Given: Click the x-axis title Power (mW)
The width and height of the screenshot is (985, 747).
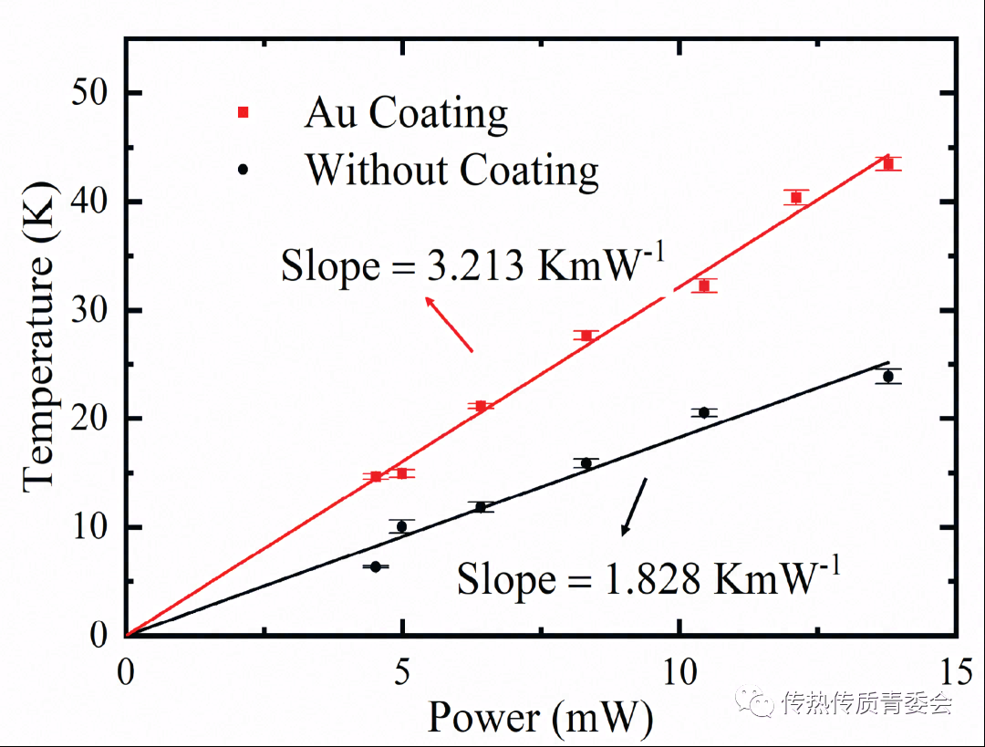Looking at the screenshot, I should pos(540,719).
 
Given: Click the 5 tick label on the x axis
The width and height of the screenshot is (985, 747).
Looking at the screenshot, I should pos(402,672).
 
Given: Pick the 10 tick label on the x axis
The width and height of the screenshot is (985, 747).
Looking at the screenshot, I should pos(679,672).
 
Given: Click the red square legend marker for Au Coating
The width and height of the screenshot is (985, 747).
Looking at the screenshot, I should pos(243,111).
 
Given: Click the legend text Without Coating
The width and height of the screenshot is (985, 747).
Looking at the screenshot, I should pos(451,170).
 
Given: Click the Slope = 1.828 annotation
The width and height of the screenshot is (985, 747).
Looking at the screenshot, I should pos(648,578).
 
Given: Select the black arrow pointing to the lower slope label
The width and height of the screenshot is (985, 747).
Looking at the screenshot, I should pos(634,506).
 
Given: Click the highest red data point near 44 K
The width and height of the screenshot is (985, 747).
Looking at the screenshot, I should pos(887,163).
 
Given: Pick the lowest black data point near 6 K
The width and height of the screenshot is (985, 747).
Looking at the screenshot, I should pos(375,566).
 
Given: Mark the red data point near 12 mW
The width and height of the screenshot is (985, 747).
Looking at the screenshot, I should pos(795,197).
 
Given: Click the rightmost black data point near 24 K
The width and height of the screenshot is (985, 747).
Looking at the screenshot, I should pos(887,376).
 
